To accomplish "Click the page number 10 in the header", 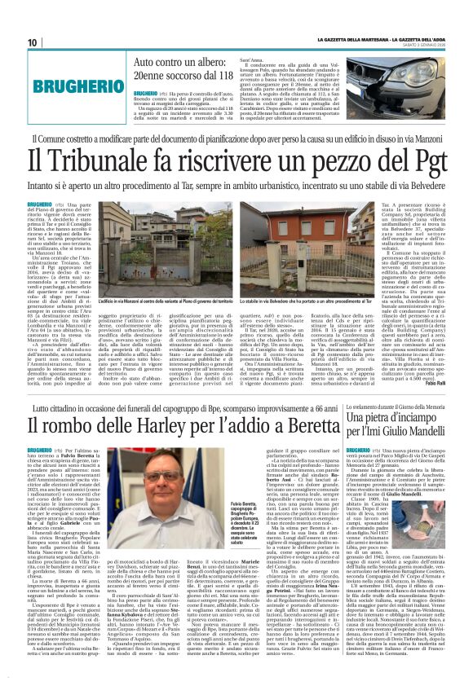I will click(x=33, y=42).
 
